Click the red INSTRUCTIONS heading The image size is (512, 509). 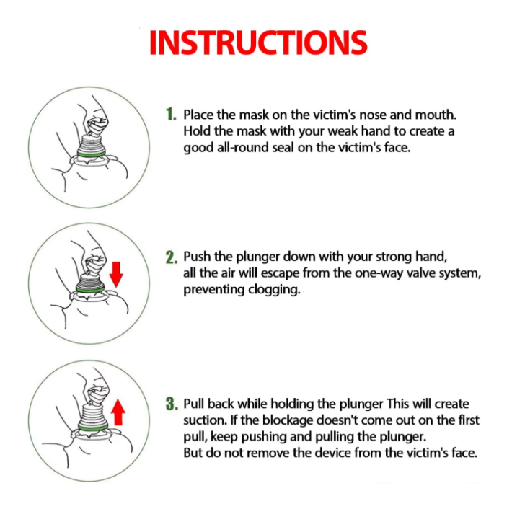click(258, 43)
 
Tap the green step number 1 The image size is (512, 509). click(171, 114)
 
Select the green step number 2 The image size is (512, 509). click(172, 257)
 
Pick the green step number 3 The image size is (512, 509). click(172, 404)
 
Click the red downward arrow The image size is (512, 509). click(116, 274)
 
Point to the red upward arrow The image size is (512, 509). click(118, 412)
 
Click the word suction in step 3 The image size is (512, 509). click(203, 420)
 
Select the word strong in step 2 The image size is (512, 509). click(380, 257)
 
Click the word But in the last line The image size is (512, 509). click(193, 453)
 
